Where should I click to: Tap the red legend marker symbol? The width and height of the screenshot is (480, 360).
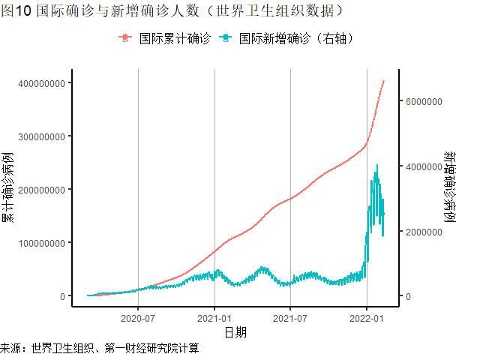coord(125,38)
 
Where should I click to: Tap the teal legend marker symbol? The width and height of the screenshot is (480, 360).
coord(224,38)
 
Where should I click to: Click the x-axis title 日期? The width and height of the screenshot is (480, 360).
coord(235,331)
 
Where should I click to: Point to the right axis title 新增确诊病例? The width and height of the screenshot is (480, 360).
coord(449,188)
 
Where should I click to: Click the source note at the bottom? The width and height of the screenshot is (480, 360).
coord(100,349)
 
